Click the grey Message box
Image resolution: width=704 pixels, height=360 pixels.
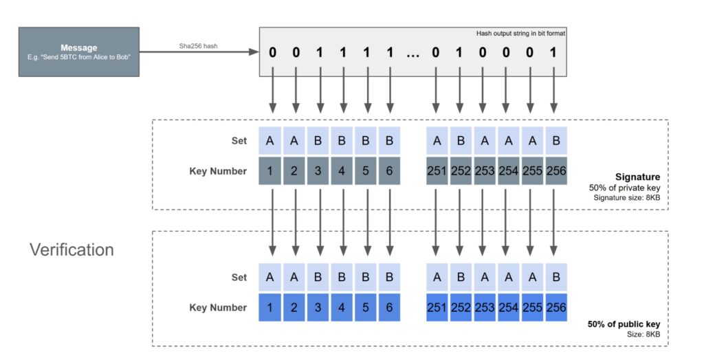pyautogui.click(x=78, y=52)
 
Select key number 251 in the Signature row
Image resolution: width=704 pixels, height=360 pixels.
pyautogui.click(x=437, y=171)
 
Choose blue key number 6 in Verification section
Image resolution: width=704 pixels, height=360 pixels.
pyautogui.click(x=390, y=308)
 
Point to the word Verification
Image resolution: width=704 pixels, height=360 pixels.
pyautogui.click(x=71, y=249)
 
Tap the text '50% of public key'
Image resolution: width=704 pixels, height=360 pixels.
pyautogui.click(x=624, y=324)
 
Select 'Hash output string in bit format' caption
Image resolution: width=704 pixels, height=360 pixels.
pyautogui.click(x=520, y=34)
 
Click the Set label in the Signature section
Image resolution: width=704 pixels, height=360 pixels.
pyautogui.click(x=239, y=142)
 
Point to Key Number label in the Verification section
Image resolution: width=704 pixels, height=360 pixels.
pyautogui.click(x=217, y=308)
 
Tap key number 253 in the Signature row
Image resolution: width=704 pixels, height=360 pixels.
pyautogui.click(x=484, y=171)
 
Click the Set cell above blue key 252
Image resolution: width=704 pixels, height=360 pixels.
pyautogui.click(x=461, y=278)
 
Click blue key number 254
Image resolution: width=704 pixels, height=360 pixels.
pyautogui.click(x=507, y=308)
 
